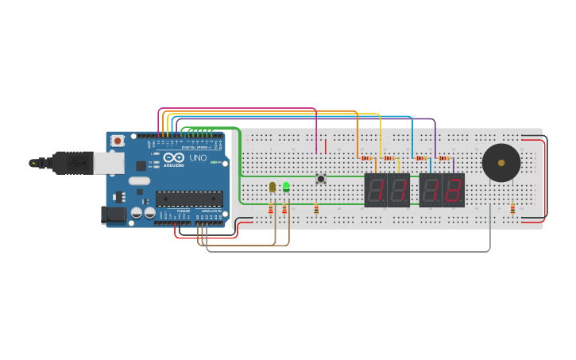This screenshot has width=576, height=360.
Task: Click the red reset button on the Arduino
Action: pos(118,141)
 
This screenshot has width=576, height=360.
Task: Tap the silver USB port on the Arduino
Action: pos(108,163)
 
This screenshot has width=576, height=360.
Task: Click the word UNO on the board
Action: pos(198,158)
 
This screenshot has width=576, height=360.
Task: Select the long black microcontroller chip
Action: pos(188,199)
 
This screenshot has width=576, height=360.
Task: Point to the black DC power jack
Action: pos(114,214)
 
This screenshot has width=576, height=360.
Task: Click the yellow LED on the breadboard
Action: pos(273,187)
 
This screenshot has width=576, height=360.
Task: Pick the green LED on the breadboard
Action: pos(286,187)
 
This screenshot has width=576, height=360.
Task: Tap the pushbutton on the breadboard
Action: pos(321,179)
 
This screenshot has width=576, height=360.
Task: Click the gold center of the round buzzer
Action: pos(501,163)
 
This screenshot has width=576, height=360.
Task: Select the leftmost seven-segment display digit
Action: pos(376,191)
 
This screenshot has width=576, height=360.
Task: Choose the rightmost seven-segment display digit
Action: pos(454,191)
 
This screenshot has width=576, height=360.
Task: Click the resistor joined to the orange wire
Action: pos(365,158)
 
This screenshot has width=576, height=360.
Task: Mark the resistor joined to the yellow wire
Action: pos(389,158)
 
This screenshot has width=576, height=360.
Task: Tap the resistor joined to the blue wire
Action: pos(421,158)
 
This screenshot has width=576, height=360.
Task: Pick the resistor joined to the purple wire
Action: pos(443,158)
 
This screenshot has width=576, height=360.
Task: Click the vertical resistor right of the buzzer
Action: pos(512,208)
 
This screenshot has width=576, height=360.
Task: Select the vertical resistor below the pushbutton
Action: pos(316,209)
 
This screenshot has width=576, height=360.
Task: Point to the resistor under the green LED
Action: pos(284,209)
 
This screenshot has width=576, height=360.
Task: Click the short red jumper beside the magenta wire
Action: pos(326,146)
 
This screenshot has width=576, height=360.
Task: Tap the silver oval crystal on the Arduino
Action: pos(139,180)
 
